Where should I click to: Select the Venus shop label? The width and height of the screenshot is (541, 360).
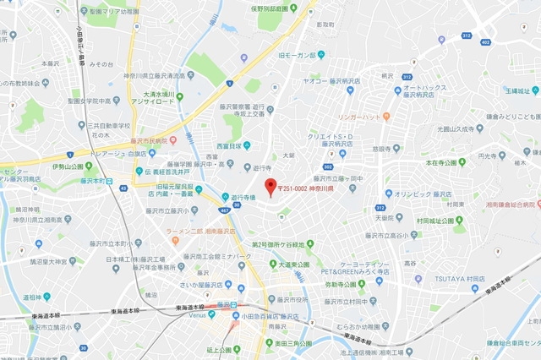[x=196, y=315]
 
